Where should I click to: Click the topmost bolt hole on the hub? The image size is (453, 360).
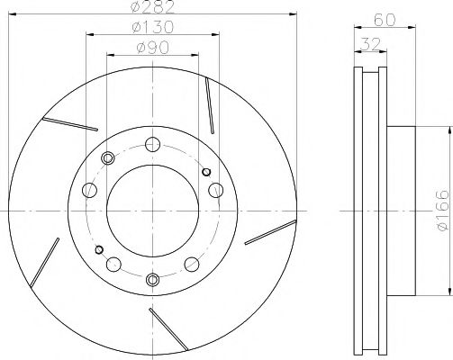(x=151, y=142)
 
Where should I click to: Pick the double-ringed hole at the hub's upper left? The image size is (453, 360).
(x=109, y=158)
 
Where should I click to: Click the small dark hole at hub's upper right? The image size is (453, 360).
(x=206, y=171)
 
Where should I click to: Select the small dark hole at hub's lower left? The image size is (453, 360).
(x=99, y=249)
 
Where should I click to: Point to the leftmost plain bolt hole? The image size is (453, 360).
(x=88, y=191)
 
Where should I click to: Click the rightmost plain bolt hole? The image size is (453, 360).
(x=216, y=191)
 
